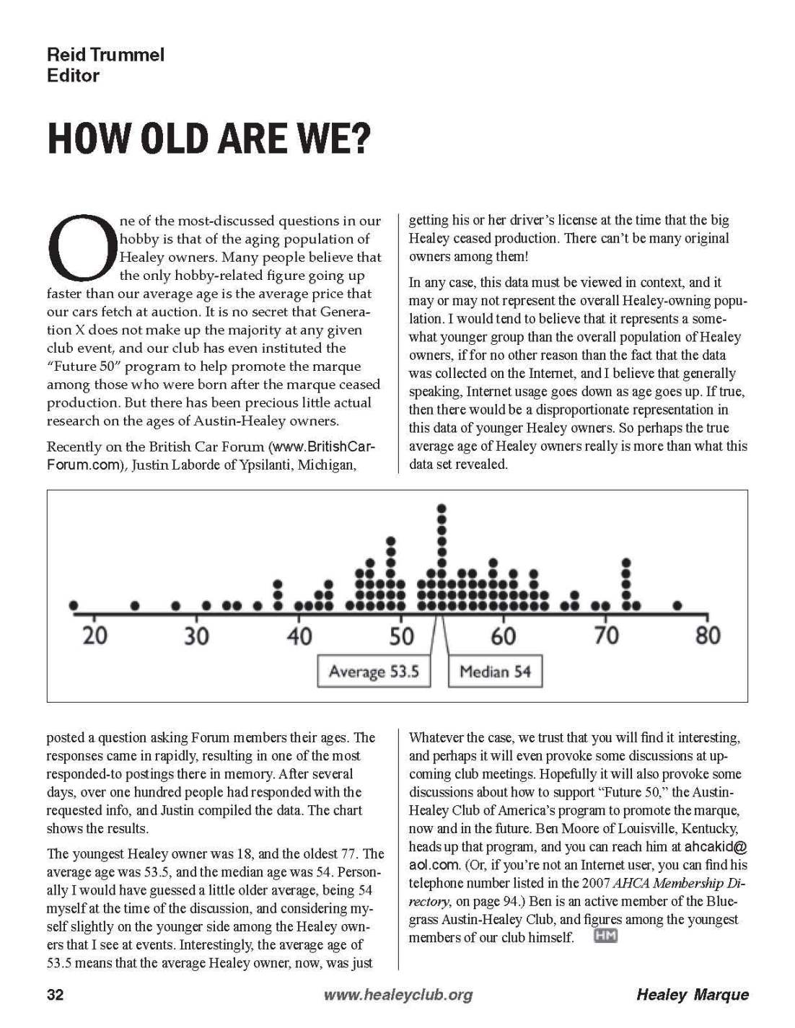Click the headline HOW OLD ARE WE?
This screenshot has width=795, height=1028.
208,139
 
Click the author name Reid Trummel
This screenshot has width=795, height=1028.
105,55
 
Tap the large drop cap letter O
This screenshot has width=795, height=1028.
82,247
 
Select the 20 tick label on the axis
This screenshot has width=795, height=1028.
94,636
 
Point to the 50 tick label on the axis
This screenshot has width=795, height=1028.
401,636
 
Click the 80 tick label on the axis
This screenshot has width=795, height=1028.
708,636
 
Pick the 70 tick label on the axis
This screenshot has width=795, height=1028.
606,636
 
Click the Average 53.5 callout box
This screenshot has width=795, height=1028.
373,672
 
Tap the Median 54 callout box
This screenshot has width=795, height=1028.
495,672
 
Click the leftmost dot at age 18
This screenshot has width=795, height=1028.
73,605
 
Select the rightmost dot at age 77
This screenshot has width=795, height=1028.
677,605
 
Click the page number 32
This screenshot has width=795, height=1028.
55,995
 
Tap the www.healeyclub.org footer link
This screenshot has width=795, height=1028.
398,995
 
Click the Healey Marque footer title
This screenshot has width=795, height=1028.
692,995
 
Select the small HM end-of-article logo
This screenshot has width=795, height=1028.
606,936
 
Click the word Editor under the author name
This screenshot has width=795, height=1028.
73,75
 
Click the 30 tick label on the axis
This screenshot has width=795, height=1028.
196,636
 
